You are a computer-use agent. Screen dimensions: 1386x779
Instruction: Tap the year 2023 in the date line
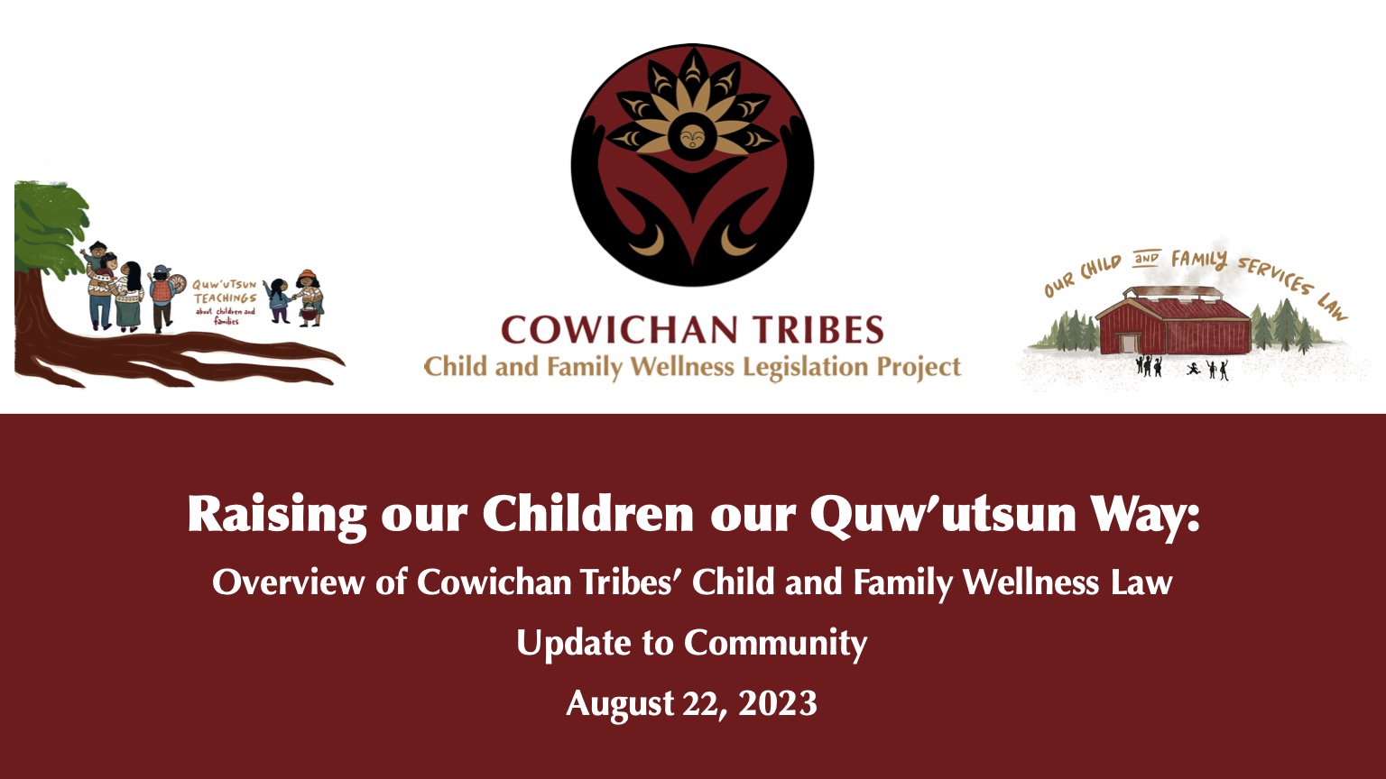pyautogui.click(x=778, y=703)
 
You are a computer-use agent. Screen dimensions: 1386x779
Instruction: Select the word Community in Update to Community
pyautogui.click(x=775, y=644)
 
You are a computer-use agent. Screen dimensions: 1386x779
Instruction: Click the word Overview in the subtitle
pyautogui.click(x=289, y=582)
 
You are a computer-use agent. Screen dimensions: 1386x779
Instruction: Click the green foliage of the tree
pyautogui.click(x=50, y=225)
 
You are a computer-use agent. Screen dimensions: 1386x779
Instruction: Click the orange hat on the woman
pyautogui.click(x=308, y=275)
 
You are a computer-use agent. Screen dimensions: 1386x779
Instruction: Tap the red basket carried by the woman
pyautogui.click(x=308, y=314)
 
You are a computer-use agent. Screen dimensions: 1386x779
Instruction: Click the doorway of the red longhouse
pyautogui.click(x=1129, y=344)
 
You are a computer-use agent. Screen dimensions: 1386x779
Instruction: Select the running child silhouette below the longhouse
pyautogui.click(x=1194, y=369)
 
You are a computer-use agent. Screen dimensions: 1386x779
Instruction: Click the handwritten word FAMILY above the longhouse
pyautogui.click(x=1199, y=259)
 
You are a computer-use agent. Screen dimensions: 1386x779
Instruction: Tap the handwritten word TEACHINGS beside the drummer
pyautogui.click(x=225, y=298)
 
